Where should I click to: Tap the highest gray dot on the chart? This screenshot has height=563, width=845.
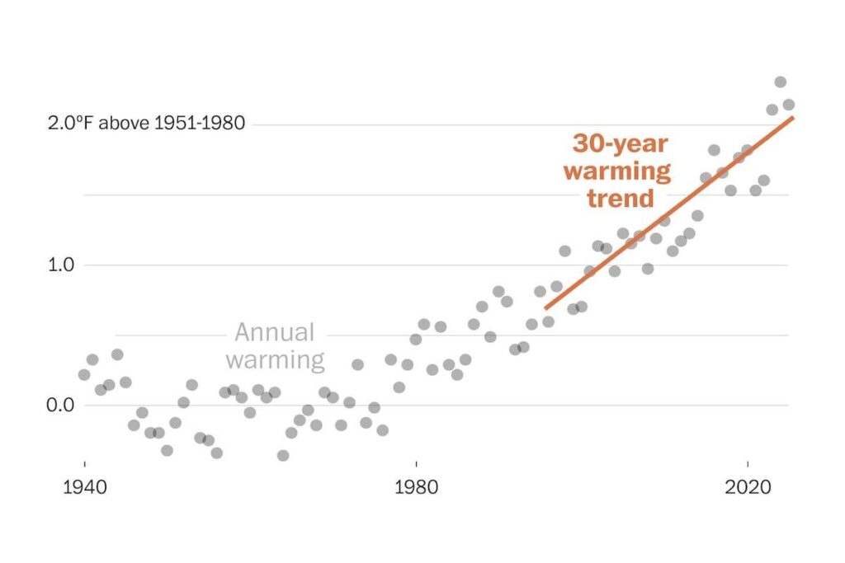click(x=780, y=82)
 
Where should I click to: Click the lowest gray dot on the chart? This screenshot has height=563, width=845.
click(x=283, y=455)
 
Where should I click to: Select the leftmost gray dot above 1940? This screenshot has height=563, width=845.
click(x=84, y=374)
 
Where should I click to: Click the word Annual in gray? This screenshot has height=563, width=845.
click(x=275, y=333)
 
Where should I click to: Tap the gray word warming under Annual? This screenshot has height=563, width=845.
click(x=275, y=360)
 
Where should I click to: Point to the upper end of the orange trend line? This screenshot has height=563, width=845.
click(x=792, y=118)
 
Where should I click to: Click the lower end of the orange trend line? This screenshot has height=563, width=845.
click(x=545, y=308)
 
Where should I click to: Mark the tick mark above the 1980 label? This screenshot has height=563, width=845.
click(x=416, y=463)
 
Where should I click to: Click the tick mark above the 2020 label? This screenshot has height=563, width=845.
click(x=748, y=463)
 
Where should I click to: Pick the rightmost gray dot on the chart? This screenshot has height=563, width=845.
click(x=788, y=105)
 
